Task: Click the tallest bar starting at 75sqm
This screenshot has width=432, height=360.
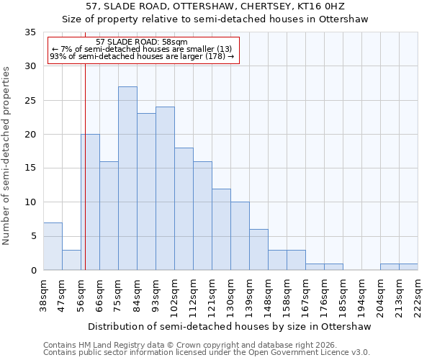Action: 127,179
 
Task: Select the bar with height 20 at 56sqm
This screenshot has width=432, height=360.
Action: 90,202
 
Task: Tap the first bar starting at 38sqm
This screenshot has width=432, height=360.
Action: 53,246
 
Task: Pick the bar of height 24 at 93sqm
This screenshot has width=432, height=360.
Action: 165,189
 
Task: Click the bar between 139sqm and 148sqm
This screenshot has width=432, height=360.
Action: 258,250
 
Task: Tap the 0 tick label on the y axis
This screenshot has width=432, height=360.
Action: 32,271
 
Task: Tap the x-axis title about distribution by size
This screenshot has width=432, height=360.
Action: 230,327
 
